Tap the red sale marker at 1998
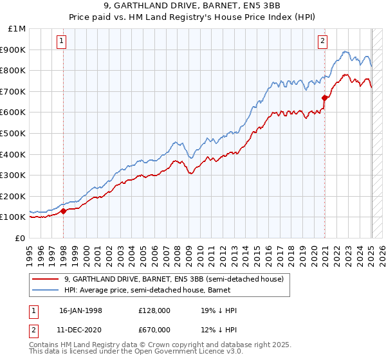(64, 211)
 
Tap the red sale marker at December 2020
(325, 98)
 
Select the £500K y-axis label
(14, 134)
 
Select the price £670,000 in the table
(154, 329)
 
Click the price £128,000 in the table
(154, 310)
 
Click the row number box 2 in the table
(33, 329)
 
